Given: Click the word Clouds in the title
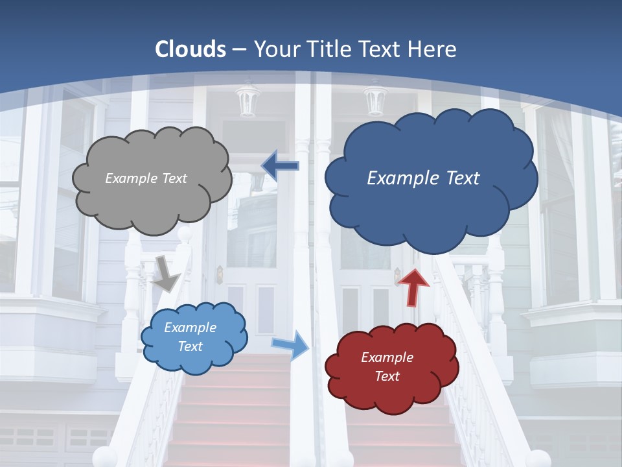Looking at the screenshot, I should tap(190, 49).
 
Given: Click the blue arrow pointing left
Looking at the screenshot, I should tap(280, 165).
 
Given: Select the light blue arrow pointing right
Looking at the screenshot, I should tap(290, 344).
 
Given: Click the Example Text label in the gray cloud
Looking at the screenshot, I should tap(146, 178).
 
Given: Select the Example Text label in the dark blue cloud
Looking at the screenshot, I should tap(423, 178).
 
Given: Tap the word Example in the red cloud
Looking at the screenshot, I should tap(387, 357).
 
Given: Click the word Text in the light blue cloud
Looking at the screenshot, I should tap(190, 346).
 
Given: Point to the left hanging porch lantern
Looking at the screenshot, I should tap(247, 101).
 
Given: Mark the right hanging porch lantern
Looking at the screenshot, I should tap(374, 99).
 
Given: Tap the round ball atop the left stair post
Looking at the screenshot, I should tap(185, 233).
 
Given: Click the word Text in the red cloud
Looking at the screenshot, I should tap(387, 376).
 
